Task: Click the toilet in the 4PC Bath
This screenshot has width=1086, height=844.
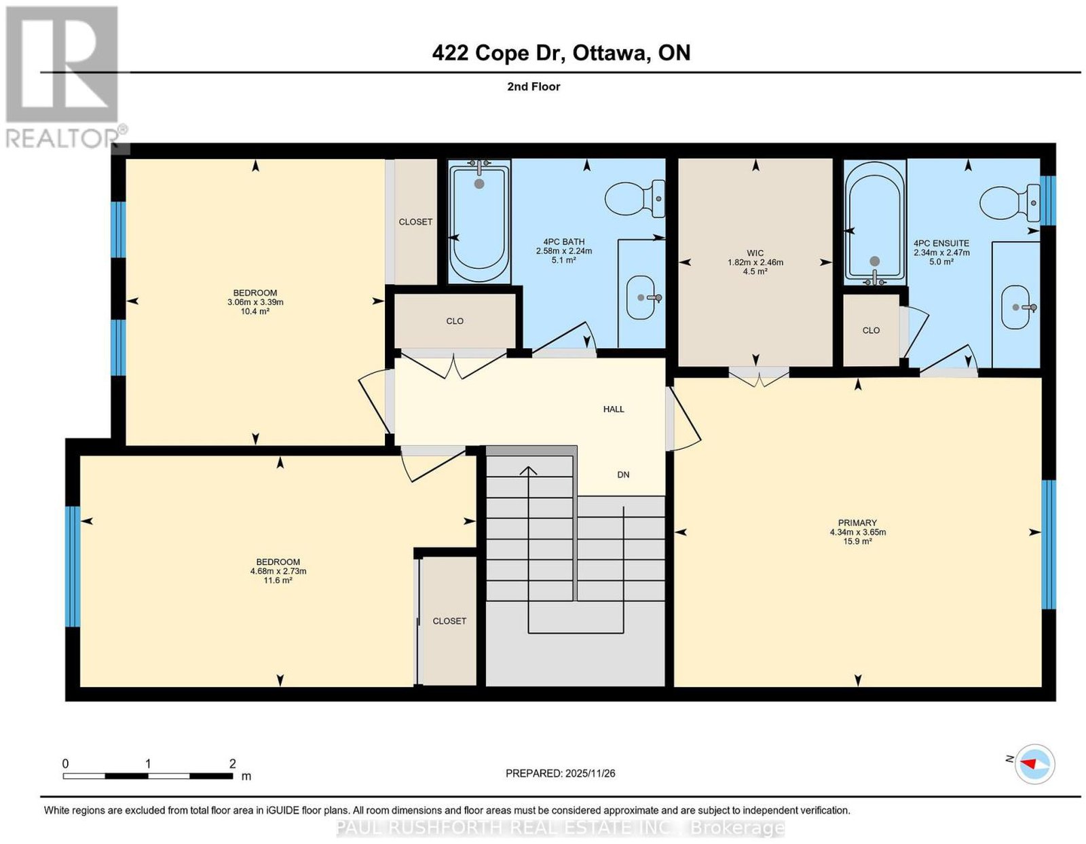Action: click(x=635, y=199)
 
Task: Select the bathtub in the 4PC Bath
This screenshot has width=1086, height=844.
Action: click(x=479, y=221)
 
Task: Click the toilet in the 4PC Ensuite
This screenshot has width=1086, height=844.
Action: click(x=1009, y=204)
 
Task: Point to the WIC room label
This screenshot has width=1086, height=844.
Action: click(x=755, y=253)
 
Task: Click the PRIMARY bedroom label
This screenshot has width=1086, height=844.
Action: click(x=858, y=524)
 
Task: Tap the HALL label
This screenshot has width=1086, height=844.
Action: click(x=614, y=409)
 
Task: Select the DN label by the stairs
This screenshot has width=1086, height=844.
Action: click(x=623, y=475)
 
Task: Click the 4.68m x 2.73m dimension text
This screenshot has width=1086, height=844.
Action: click(x=278, y=571)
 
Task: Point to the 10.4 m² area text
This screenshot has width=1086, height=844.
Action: click(x=255, y=311)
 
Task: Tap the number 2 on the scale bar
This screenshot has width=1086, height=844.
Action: click(x=232, y=764)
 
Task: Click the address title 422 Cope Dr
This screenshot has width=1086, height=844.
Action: click(x=498, y=52)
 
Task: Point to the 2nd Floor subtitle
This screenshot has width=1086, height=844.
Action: click(x=533, y=86)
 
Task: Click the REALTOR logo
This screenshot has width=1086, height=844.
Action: click(x=66, y=77)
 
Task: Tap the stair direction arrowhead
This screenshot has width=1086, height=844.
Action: click(x=528, y=471)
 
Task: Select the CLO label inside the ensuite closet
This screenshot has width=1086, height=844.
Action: click(x=871, y=330)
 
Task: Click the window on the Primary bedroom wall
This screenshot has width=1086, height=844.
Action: click(x=1049, y=544)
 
